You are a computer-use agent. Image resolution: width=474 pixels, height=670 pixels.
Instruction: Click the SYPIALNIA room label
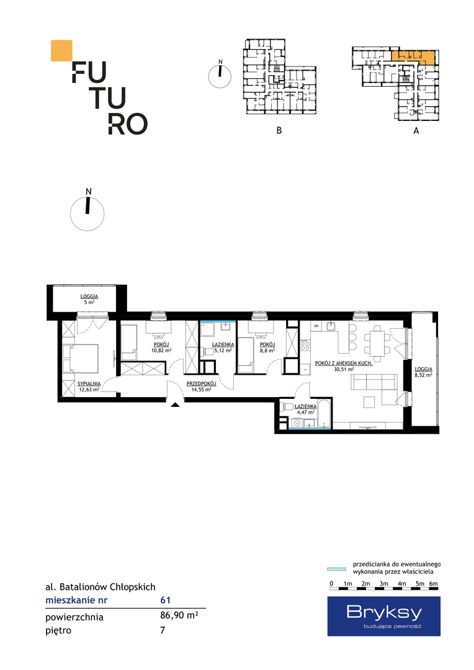(x=89, y=384)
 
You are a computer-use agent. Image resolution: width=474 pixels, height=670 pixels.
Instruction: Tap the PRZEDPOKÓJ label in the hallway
(x=201, y=384)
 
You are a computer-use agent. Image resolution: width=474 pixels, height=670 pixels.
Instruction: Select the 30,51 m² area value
(x=344, y=369)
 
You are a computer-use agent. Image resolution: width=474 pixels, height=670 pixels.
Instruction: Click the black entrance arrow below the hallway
(x=175, y=404)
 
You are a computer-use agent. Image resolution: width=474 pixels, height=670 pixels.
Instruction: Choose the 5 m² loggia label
(x=89, y=302)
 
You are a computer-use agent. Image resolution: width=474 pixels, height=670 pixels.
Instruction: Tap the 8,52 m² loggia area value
(x=423, y=375)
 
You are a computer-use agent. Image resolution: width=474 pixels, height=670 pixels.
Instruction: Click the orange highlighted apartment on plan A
(x=414, y=57)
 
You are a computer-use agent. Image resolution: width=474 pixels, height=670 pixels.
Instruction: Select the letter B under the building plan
(x=279, y=130)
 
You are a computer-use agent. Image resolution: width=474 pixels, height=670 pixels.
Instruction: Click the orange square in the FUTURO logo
(x=61, y=50)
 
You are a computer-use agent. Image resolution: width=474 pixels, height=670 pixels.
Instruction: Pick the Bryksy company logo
(x=384, y=616)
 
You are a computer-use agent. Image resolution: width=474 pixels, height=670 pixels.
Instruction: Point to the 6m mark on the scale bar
(x=434, y=584)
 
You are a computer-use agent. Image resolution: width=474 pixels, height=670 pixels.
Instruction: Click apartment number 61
(x=166, y=600)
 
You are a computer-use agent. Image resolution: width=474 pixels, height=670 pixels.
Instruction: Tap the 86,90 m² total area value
(x=179, y=615)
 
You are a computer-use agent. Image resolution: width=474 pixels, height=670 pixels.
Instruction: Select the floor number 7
(x=163, y=630)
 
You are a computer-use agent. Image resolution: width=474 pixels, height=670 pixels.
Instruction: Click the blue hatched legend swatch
(x=336, y=569)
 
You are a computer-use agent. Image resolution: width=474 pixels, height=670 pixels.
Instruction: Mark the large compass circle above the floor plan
(x=87, y=213)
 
